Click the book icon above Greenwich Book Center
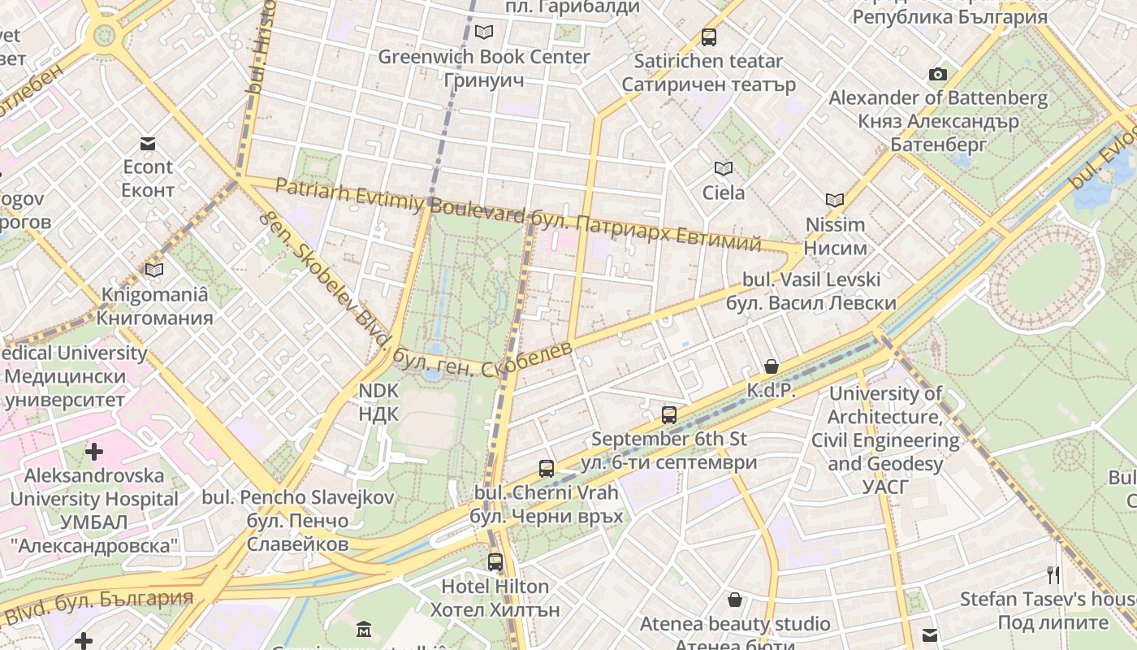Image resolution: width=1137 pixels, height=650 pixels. pos(484,32)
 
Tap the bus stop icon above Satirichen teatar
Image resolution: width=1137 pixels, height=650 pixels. pos(709,37)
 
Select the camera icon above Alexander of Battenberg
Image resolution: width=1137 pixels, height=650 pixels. pos(938,75)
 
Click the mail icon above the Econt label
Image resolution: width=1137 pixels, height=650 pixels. pos(148,144)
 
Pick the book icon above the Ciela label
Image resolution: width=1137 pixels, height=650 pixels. pos(723,169)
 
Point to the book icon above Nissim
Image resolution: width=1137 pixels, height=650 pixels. pos(835,200)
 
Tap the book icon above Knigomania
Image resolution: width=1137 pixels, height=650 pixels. pos(154,270)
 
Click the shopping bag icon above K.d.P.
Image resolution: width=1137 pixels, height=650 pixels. pos(772,367)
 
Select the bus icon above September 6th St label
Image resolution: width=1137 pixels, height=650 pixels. pos(669,415)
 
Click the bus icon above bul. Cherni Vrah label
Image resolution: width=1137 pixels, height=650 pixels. pos(547,469)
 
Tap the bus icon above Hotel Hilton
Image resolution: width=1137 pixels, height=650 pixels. pos(495,562)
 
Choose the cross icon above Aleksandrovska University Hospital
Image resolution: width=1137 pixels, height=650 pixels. pos(94,452)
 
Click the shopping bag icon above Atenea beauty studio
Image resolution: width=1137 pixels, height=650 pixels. pos(735,600)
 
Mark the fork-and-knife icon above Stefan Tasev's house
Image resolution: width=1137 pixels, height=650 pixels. pos(1053,575)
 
